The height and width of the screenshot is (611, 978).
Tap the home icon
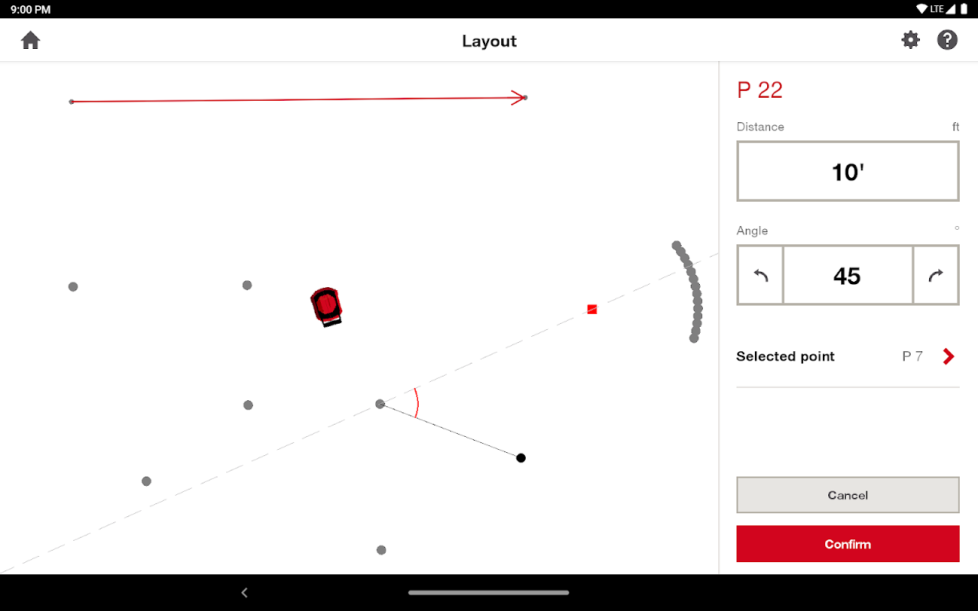tap(31, 40)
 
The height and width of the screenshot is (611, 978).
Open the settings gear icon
tap(911, 40)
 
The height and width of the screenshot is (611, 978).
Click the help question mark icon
tap(947, 40)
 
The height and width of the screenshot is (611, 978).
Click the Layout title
tap(489, 41)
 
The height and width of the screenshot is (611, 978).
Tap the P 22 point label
tap(759, 90)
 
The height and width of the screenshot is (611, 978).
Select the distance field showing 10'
tap(847, 171)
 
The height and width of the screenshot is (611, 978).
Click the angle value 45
tap(847, 276)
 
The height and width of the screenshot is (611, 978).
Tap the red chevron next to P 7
tap(948, 357)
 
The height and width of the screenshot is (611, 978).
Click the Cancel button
tap(847, 495)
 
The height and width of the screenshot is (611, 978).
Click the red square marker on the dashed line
tap(592, 309)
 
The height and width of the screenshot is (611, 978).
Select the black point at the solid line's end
tap(521, 457)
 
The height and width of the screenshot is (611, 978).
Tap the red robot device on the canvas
tap(326, 307)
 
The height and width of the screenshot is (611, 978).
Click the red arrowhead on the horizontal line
tap(518, 97)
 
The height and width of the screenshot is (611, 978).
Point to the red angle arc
tap(417, 402)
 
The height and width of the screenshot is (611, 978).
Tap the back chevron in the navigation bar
tap(244, 592)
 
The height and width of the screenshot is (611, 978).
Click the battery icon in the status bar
tap(963, 9)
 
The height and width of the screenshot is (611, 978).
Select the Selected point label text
tap(785, 357)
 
